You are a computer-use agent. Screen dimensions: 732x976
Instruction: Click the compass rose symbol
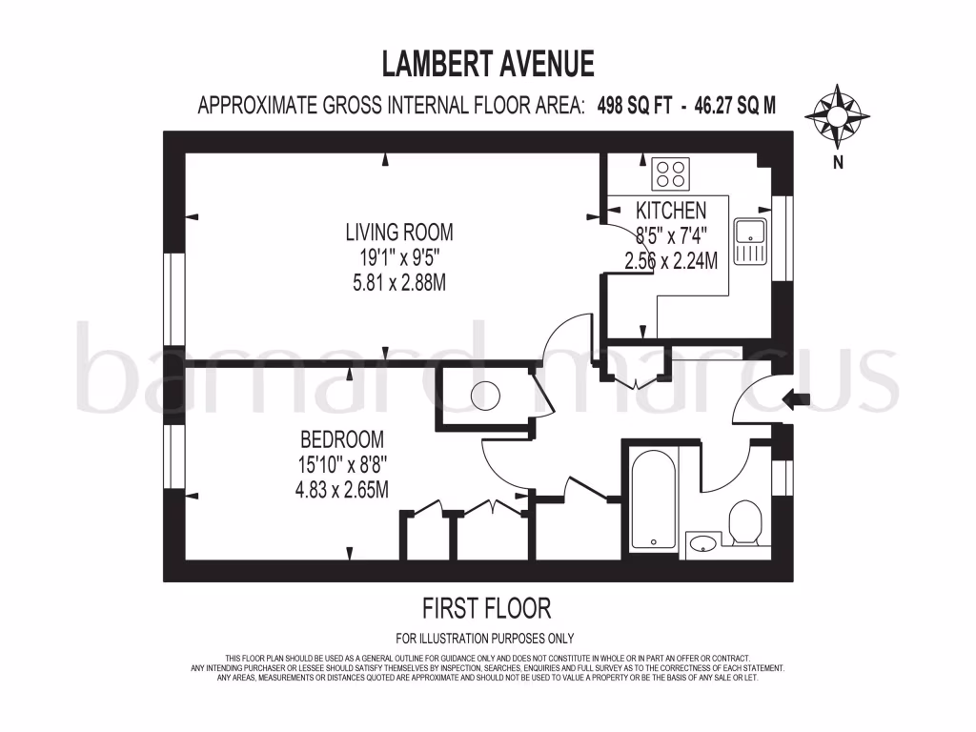tap(837, 115)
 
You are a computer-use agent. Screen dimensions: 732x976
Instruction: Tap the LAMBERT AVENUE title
tap(488, 64)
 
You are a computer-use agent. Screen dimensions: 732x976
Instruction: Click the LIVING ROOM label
tap(398, 232)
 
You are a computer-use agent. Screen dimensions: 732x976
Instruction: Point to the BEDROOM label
tap(342, 439)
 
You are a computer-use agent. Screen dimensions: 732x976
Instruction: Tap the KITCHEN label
tap(671, 211)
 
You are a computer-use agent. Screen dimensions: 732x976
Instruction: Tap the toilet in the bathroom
tap(742, 524)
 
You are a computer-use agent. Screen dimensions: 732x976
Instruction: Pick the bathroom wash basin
tap(703, 543)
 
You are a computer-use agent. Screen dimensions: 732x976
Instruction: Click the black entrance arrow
tap(794, 399)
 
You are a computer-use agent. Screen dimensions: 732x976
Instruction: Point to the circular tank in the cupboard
tap(486, 394)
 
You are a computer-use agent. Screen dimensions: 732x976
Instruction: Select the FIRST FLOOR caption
tap(486, 607)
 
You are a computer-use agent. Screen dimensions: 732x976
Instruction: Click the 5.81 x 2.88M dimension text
tap(398, 283)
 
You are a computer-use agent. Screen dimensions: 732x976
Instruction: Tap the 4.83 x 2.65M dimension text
tap(342, 490)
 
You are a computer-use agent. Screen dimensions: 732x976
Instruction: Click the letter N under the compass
tap(838, 161)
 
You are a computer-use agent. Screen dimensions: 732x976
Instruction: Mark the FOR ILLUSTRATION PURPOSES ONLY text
tap(484, 639)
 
